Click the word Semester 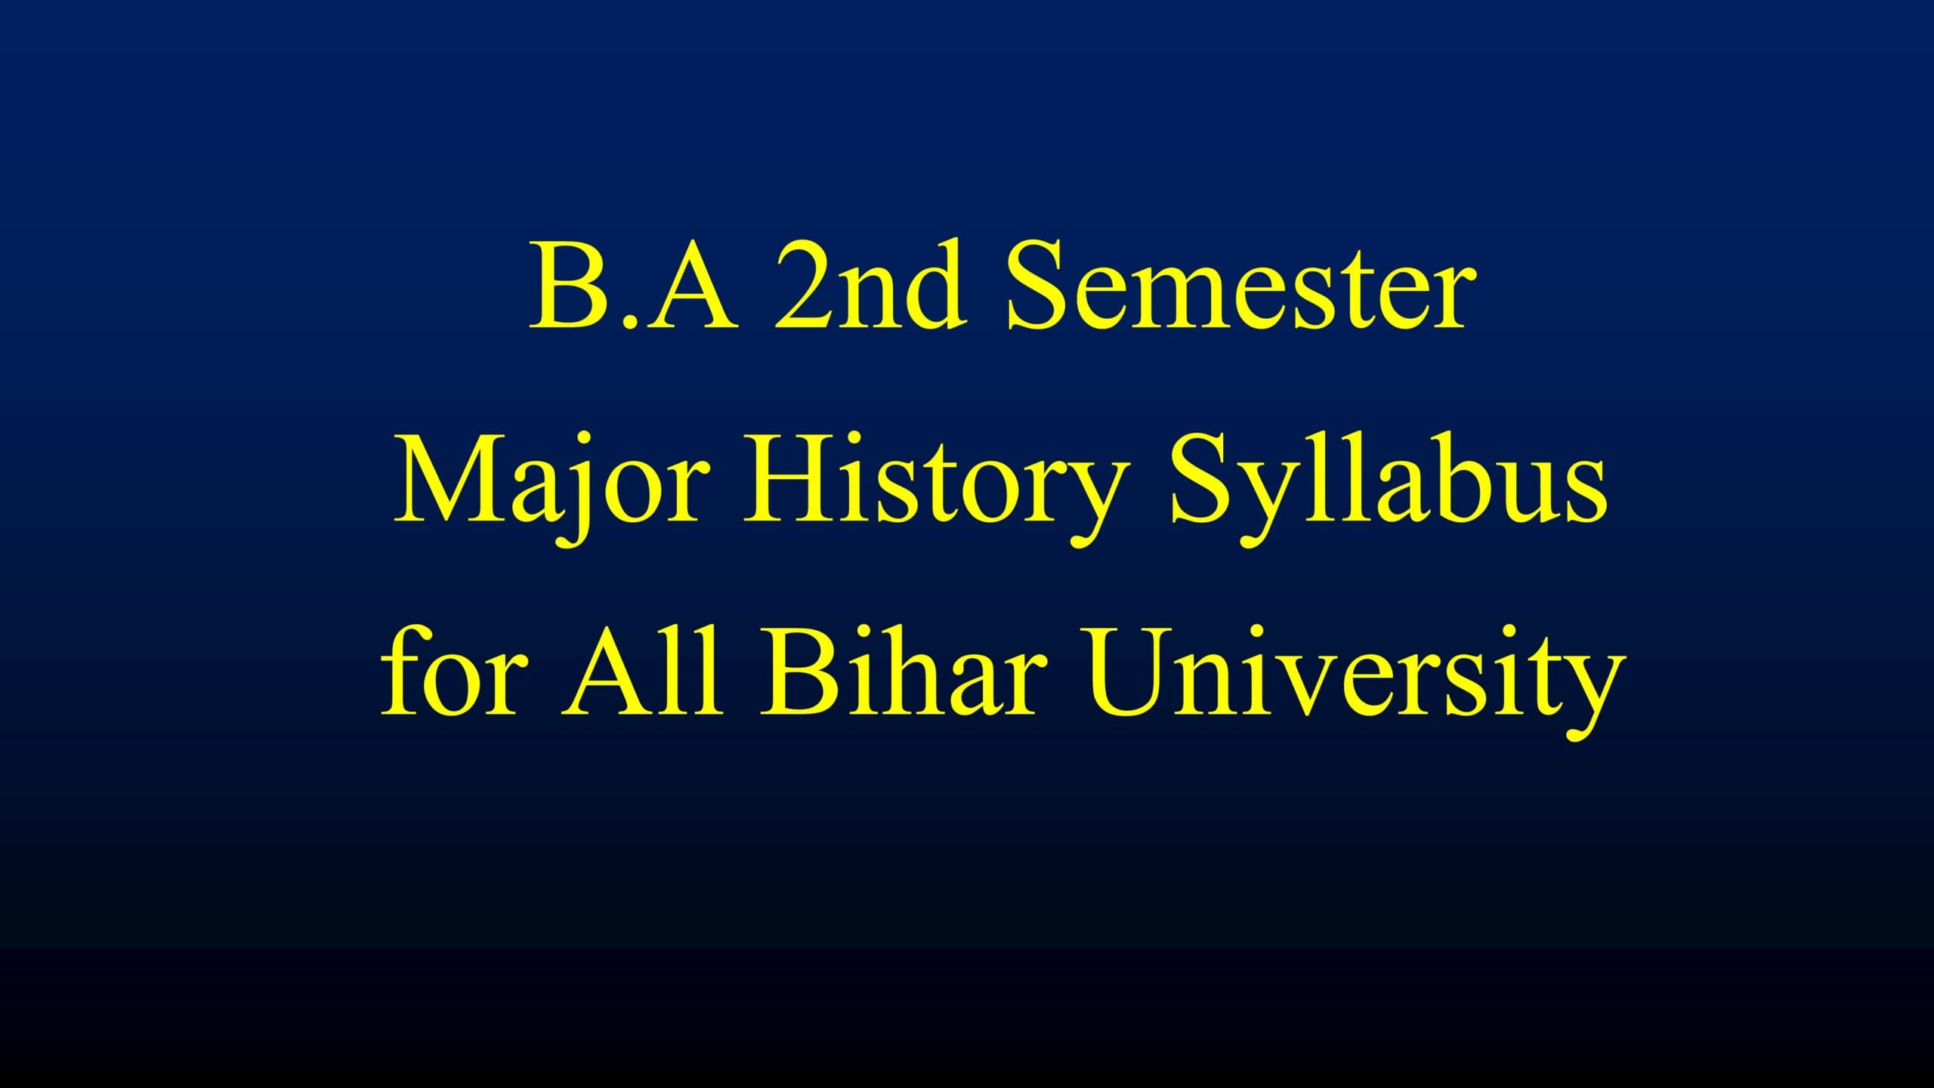[x=1240, y=285]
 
